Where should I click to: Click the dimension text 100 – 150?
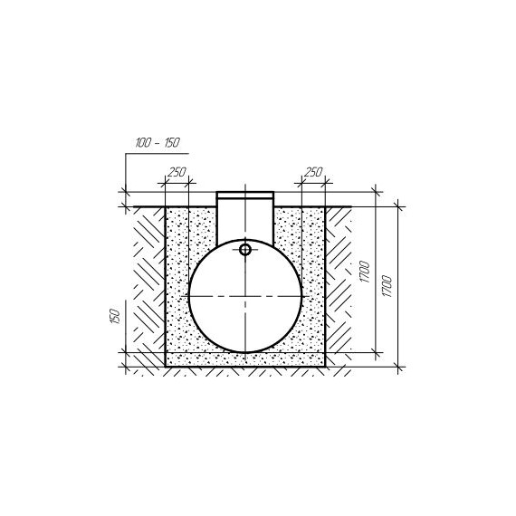tap(158, 142)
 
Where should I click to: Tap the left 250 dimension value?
tap(177, 172)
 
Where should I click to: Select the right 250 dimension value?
tap(313, 172)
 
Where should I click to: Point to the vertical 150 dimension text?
tap(115, 316)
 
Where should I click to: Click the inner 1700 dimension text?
tap(365, 272)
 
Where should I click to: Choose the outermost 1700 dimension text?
tap(387, 286)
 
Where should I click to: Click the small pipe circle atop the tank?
tap(245, 250)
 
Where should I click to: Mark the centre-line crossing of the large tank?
tap(245, 296)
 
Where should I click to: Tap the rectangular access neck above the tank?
tap(245, 218)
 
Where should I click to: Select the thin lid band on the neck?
tap(245, 196)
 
